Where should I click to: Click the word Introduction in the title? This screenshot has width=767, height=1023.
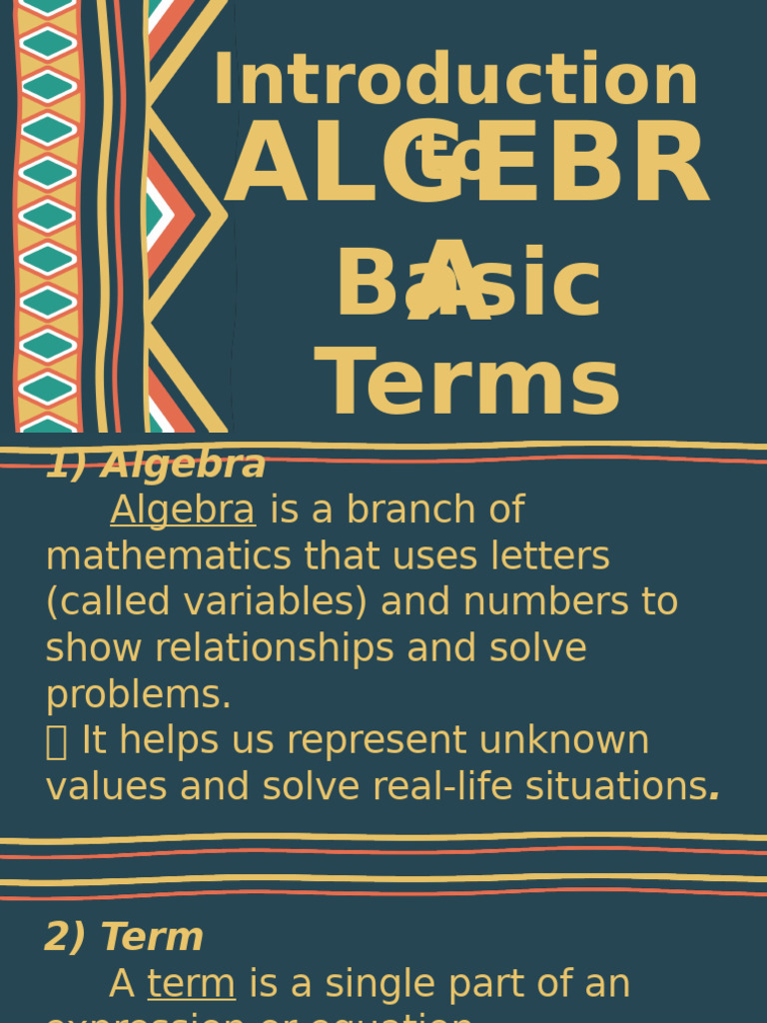[455, 81]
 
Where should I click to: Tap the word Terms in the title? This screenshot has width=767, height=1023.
[467, 385]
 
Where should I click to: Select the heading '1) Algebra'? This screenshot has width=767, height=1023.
[156, 465]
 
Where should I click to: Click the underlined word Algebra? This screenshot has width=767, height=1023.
[183, 511]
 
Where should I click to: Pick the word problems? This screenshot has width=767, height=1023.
[138, 695]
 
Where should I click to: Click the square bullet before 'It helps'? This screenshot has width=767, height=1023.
[56, 742]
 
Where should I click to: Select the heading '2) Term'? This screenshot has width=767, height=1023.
[124, 937]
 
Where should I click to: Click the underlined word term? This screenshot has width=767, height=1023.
[191, 984]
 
